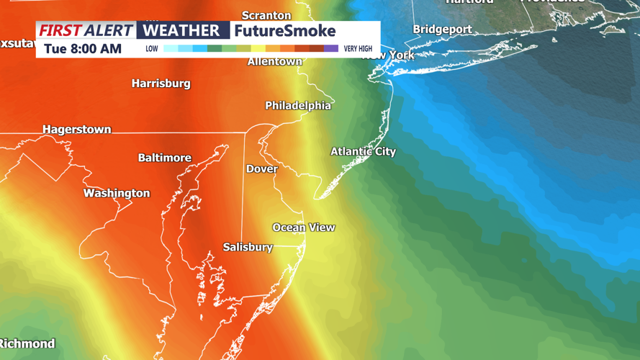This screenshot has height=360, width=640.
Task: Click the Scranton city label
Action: [266, 15]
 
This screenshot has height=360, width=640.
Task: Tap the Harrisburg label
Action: [161, 84]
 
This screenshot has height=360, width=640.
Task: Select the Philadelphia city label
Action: [298, 106]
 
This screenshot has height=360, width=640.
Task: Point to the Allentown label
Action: [274, 62]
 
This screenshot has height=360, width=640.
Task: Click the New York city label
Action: [389, 55]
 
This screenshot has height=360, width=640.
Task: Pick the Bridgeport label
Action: [442, 30]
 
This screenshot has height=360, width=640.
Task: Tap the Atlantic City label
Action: [363, 151]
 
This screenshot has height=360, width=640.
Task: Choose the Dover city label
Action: [262, 169]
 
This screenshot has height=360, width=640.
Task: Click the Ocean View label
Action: [303, 228]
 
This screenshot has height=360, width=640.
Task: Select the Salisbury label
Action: [248, 247]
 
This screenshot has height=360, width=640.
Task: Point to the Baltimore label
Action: [165, 158]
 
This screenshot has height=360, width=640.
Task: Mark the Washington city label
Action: [117, 193]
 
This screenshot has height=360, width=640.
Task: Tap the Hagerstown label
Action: [77, 130]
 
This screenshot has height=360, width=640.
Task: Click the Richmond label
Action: [27, 343]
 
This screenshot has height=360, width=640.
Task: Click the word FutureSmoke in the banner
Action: [285, 31]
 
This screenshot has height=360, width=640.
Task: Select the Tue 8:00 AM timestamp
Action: [83, 49]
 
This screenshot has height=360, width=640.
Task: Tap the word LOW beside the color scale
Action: [152, 49]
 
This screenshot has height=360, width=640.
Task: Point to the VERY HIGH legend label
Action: [358, 49]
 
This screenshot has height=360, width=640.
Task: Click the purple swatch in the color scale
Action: [330, 49]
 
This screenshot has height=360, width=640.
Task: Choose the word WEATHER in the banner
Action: [181, 31]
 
